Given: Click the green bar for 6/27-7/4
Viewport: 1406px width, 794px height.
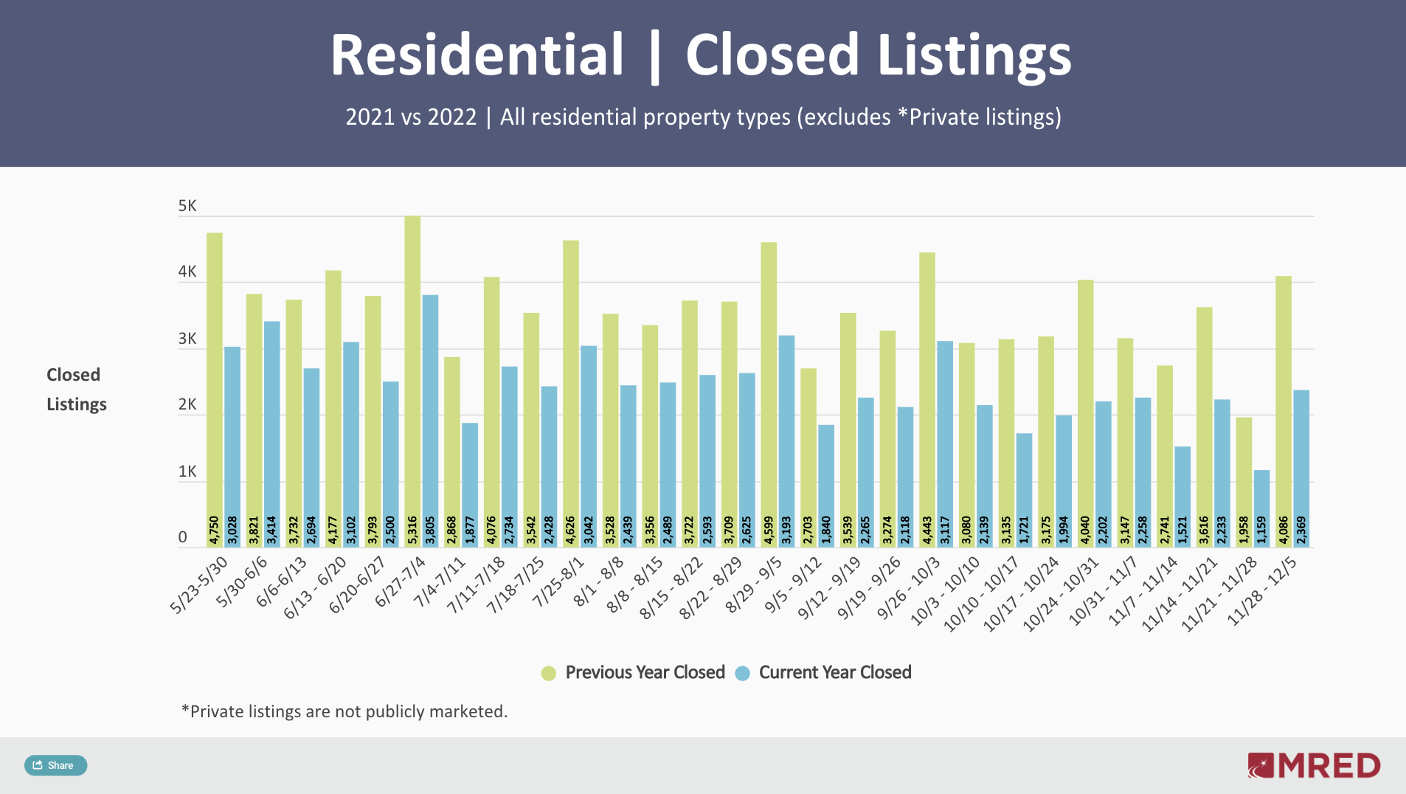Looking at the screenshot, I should [x=412, y=369].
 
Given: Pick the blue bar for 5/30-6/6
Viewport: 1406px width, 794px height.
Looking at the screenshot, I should [x=271, y=421].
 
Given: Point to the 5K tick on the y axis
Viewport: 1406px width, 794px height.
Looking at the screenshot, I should [x=187, y=206].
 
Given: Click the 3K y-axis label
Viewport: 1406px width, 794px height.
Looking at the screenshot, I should [x=187, y=339].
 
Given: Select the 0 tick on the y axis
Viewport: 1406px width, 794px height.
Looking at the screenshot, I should [x=183, y=537].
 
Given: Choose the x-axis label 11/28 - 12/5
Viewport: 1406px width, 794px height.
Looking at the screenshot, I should [x=1261, y=592].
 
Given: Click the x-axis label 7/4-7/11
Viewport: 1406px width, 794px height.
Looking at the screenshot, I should [x=440, y=582].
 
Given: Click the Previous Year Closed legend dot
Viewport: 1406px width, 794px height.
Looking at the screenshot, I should [x=548, y=673].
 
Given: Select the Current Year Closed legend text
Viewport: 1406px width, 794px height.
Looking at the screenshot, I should [x=835, y=672].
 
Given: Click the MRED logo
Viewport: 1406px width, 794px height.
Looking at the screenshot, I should [x=1314, y=765].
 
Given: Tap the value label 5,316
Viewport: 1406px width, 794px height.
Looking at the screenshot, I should [x=412, y=531].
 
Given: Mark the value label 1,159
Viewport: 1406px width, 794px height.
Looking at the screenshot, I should [x=1261, y=531].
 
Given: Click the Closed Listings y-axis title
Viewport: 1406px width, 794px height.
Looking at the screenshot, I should [x=76, y=390].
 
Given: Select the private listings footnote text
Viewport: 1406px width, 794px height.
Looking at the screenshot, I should [x=344, y=711].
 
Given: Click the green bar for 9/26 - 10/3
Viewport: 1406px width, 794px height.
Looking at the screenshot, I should [x=927, y=391].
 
